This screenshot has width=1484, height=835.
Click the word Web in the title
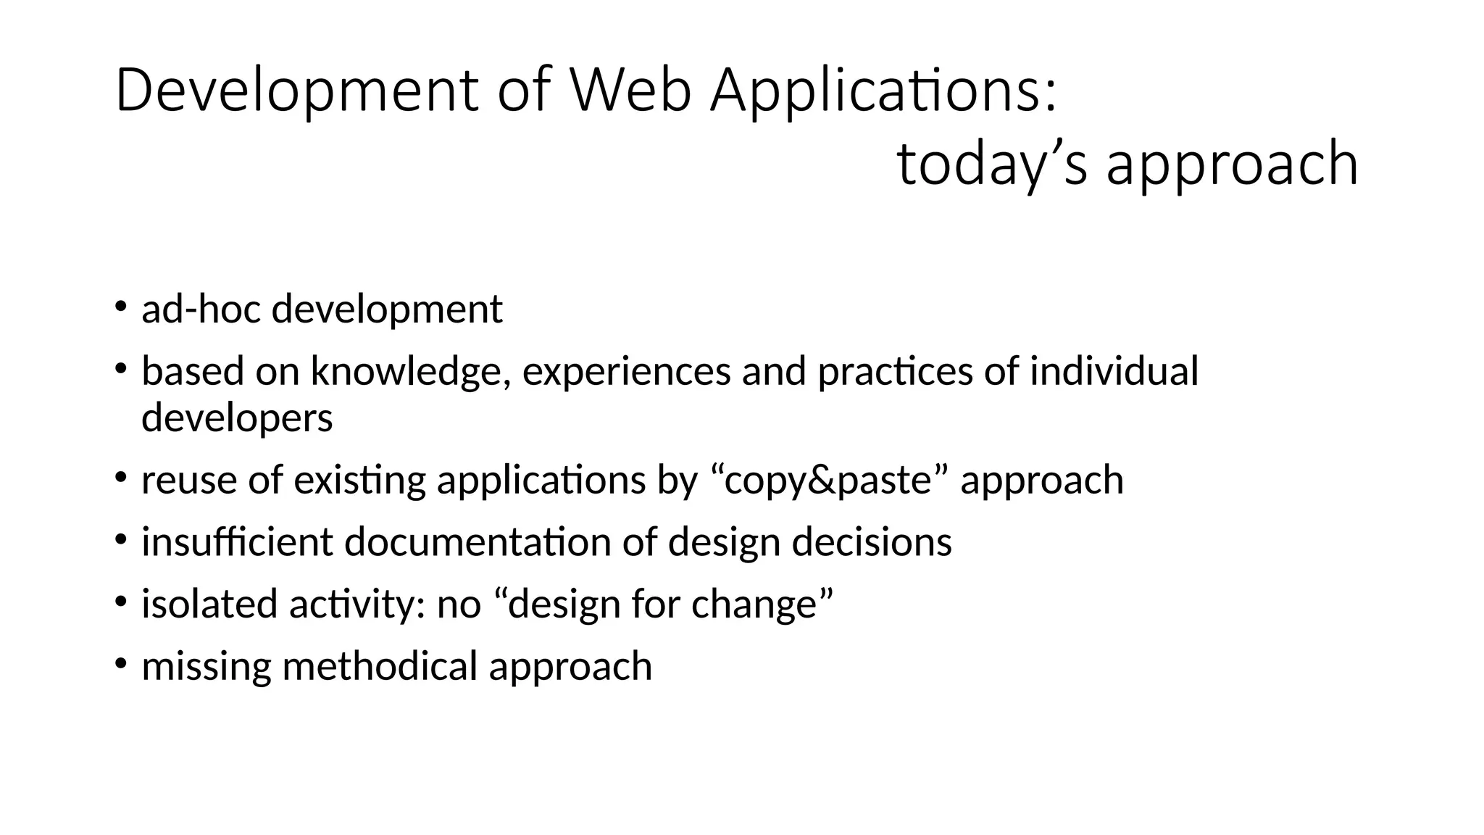pyautogui.click(x=630, y=91)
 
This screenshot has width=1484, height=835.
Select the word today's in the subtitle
pyautogui.click(x=992, y=164)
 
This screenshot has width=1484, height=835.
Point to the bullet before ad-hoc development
pyautogui.click(x=120, y=304)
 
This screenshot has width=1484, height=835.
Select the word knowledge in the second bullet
pyautogui.click(x=410, y=371)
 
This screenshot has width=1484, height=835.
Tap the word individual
pyautogui.click(x=1114, y=371)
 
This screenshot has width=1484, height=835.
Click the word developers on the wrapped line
pyautogui.click(x=237, y=418)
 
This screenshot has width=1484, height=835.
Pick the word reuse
pyautogui.click(x=188, y=481)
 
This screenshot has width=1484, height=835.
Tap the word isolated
pyautogui.click(x=209, y=605)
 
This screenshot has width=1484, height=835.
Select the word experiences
pyautogui.click(x=626, y=371)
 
